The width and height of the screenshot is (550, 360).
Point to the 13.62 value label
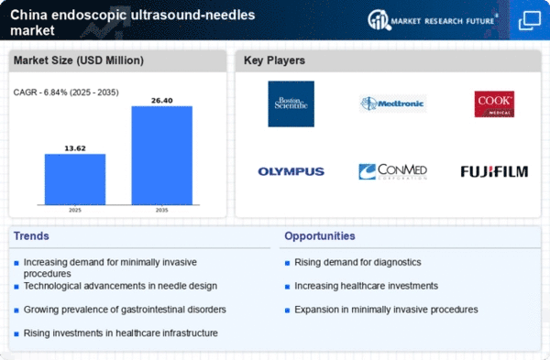75,147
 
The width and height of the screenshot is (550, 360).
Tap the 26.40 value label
162,99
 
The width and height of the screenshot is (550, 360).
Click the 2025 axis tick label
75,209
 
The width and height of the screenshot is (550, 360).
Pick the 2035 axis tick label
162,209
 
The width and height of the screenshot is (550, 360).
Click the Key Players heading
275,60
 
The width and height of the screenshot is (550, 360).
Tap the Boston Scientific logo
291,104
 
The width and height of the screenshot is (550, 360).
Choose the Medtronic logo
392,104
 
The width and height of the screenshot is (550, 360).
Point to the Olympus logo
291,171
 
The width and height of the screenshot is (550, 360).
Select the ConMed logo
392,171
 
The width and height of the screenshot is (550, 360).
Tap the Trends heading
32,236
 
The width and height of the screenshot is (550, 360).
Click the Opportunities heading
320,236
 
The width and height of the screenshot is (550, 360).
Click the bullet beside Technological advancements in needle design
16,287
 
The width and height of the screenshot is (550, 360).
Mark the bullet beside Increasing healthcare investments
287,287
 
